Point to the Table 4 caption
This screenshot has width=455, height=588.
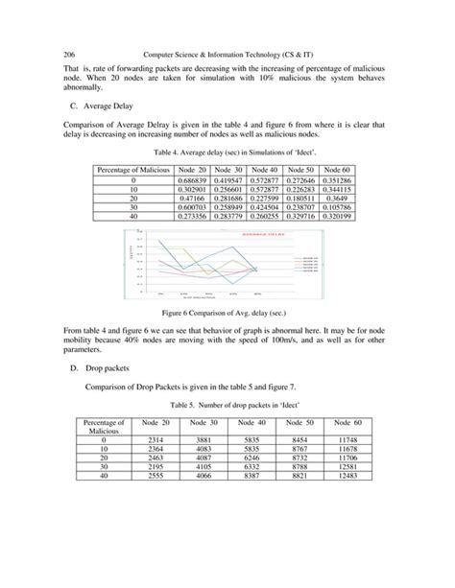pyautogui.click(x=228, y=152)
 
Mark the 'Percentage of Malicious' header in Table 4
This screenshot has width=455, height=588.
pyautogui.click(x=133, y=170)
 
